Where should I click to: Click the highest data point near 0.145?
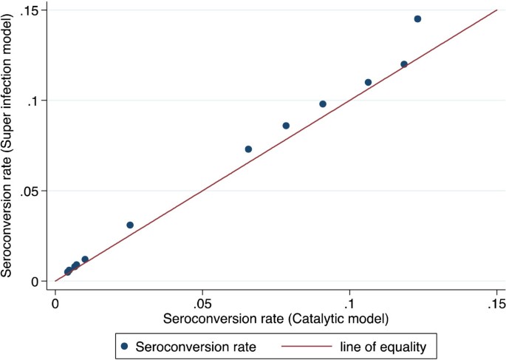coord(417,19)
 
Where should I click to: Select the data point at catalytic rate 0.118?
coord(404,64)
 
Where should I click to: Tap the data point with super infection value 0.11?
coord(368,82)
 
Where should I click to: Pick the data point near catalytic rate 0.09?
coord(323,103)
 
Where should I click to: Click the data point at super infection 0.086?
coord(286,126)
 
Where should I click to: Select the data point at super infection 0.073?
coord(248,149)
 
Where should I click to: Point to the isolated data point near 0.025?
coord(130,225)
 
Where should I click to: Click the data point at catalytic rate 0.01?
coord(85,259)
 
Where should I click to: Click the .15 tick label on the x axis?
coord(496,304)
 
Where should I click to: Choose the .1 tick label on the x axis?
coord(349,304)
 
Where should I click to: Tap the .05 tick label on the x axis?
coord(202,304)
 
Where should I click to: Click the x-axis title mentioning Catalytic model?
coord(276,319)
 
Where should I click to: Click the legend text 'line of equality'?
coord(382,344)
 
